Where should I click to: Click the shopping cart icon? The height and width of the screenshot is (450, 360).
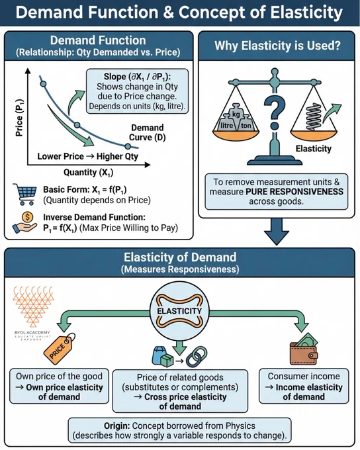pyautogui.click(x=25, y=194)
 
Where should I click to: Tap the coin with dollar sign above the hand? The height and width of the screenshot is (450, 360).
pyautogui.click(x=28, y=217)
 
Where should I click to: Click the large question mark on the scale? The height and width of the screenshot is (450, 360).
pyautogui.click(x=275, y=112)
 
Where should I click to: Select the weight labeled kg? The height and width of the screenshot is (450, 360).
pyautogui.click(x=236, y=112)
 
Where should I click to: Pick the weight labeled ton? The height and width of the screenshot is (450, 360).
pyautogui.click(x=246, y=124)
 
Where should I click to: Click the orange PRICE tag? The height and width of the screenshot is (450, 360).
pyautogui.click(x=59, y=349)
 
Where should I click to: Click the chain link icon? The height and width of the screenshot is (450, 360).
pyautogui.click(x=197, y=357)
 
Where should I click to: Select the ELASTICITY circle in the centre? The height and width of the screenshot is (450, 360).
pyautogui.click(x=180, y=311)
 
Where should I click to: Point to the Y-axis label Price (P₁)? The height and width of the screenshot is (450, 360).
pyautogui.click(x=19, y=118)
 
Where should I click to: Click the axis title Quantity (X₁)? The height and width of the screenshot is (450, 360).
pyautogui.click(x=89, y=173)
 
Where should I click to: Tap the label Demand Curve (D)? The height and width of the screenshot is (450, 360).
pyautogui.click(x=148, y=132)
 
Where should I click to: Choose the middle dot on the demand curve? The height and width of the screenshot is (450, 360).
pyautogui.click(x=77, y=125)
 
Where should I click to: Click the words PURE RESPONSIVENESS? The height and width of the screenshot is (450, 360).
pyautogui.click(x=294, y=192)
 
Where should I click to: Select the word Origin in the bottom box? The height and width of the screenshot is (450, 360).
pyautogui.click(x=117, y=426)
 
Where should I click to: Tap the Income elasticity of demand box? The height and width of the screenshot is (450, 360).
pyautogui.click(x=304, y=386)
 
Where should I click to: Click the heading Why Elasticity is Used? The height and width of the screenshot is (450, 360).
pyautogui.click(x=277, y=46)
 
